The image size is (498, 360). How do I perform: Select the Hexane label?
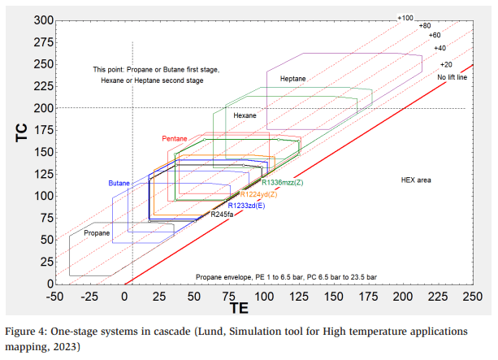pos(245,116)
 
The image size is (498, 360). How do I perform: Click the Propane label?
pos(97,233)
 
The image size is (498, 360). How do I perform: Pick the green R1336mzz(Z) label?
pos(276,183)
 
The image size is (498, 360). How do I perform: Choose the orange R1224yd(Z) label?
pos(259,194)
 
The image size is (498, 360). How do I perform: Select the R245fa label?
pos(222,215)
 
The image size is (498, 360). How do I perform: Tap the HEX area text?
pos(415,179)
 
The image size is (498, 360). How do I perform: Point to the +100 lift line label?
pos(405,17)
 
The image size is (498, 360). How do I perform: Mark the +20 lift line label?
pos(445,64)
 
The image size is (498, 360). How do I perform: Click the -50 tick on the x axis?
pos(54,297)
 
